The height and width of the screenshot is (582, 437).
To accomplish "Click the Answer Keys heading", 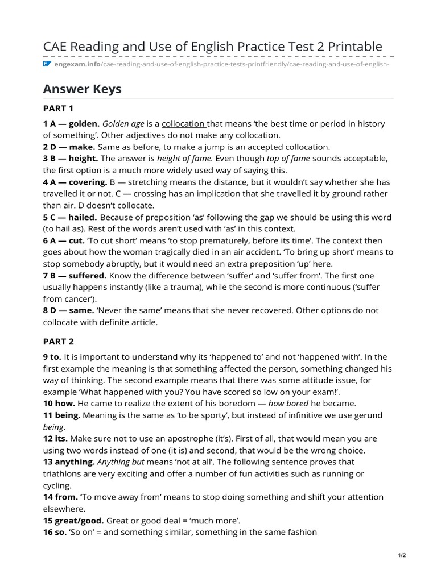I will pyautogui.click(x=82, y=89).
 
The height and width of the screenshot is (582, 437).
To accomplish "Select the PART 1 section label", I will pyautogui.click(x=59, y=108).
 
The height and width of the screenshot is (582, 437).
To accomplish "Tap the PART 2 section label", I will pyautogui.click(x=59, y=342).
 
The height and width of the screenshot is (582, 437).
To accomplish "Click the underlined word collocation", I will pyautogui.click(x=184, y=124).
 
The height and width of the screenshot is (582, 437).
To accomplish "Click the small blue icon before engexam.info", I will pyautogui.click(x=47, y=64).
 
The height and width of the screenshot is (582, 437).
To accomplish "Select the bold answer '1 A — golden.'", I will pyautogui.click(x=72, y=124).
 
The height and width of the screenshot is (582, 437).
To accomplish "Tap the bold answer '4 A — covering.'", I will pyautogui.click(x=75, y=182).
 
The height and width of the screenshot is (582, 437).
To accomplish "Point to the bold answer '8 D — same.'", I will pyautogui.click(x=68, y=310).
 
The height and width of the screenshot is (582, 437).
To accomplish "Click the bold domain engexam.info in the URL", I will pyautogui.click(x=77, y=64).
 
